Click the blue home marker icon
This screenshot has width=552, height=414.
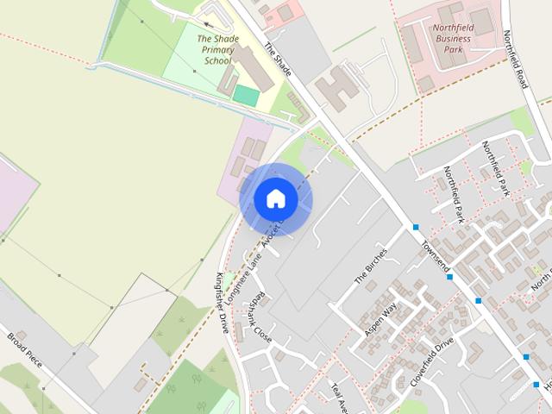tap(275, 199)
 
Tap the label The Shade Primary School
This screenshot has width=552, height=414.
tap(216, 50)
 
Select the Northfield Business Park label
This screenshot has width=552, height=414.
tap(452, 39)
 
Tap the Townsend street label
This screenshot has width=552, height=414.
tap(436, 255)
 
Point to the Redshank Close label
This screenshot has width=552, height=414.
tap(258, 316)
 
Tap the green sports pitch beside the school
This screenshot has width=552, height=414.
tap(246, 96)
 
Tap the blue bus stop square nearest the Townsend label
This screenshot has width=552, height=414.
tap(417, 228)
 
